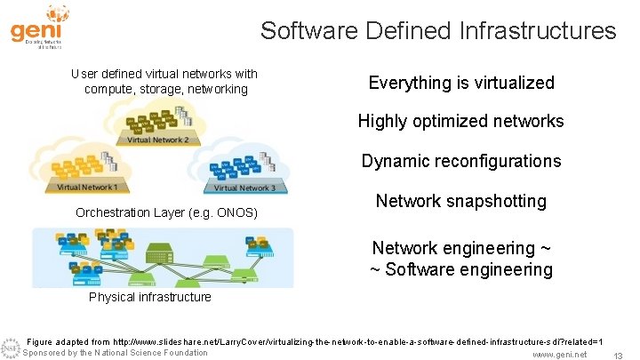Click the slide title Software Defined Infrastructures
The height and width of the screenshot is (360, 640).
[437, 31]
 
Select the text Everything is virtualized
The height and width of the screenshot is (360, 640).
[460, 83]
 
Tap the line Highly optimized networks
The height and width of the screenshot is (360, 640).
[460, 121]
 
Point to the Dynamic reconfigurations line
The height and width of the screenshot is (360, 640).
[460, 161]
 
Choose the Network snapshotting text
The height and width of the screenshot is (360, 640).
[460, 201]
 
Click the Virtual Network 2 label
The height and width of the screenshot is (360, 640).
[157, 140]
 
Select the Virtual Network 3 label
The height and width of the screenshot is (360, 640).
[244, 188]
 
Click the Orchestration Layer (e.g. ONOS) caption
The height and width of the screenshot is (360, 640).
[166, 212]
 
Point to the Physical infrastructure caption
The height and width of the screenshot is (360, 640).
[149, 297]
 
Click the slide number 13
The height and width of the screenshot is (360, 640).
[617, 355]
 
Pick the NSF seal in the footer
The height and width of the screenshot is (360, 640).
[10, 348]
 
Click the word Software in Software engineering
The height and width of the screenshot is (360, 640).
[423, 269]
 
